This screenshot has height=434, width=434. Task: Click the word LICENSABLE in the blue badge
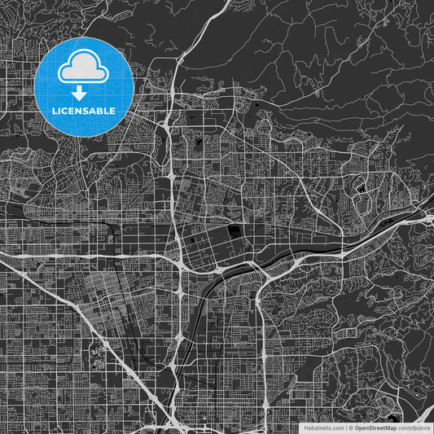(x=85, y=109)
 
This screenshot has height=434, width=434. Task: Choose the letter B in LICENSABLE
(x=103, y=109)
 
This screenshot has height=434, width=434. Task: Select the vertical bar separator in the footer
(x=346, y=427)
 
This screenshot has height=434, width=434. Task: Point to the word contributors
(x=414, y=427)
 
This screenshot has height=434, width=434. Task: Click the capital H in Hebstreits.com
(x=305, y=427)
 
